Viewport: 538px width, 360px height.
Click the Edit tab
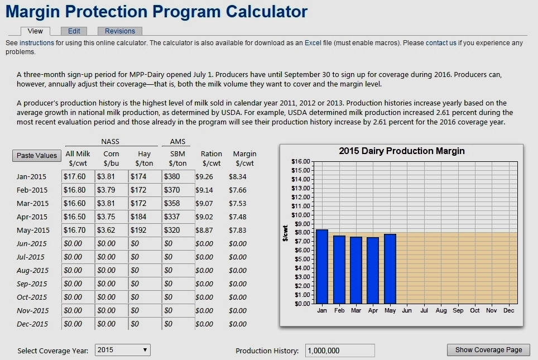coord(74,31)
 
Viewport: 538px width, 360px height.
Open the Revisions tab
coord(120,31)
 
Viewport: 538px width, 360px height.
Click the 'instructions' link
coord(37,43)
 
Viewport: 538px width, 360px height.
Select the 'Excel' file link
coord(313,43)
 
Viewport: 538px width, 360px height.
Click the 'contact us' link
coord(441,43)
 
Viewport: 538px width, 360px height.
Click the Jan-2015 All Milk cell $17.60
coord(78,176)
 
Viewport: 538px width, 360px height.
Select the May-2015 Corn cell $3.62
coord(112,230)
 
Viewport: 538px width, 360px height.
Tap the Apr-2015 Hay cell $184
coord(145,217)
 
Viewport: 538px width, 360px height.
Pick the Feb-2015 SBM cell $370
coord(179,190)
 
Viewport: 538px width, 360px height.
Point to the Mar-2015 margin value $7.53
coord(237,204)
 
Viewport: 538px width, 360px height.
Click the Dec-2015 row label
coord(32,324)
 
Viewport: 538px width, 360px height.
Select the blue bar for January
coord(322,267)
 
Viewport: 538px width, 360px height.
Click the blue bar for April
coord(373,271)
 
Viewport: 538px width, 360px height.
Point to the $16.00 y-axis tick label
coord(301,161)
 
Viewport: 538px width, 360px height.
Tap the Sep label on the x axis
coord(458,310)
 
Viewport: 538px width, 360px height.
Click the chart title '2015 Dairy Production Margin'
coord(402,151)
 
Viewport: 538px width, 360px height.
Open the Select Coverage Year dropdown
coord(122,350)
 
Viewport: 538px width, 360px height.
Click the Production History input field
coord(340,351)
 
